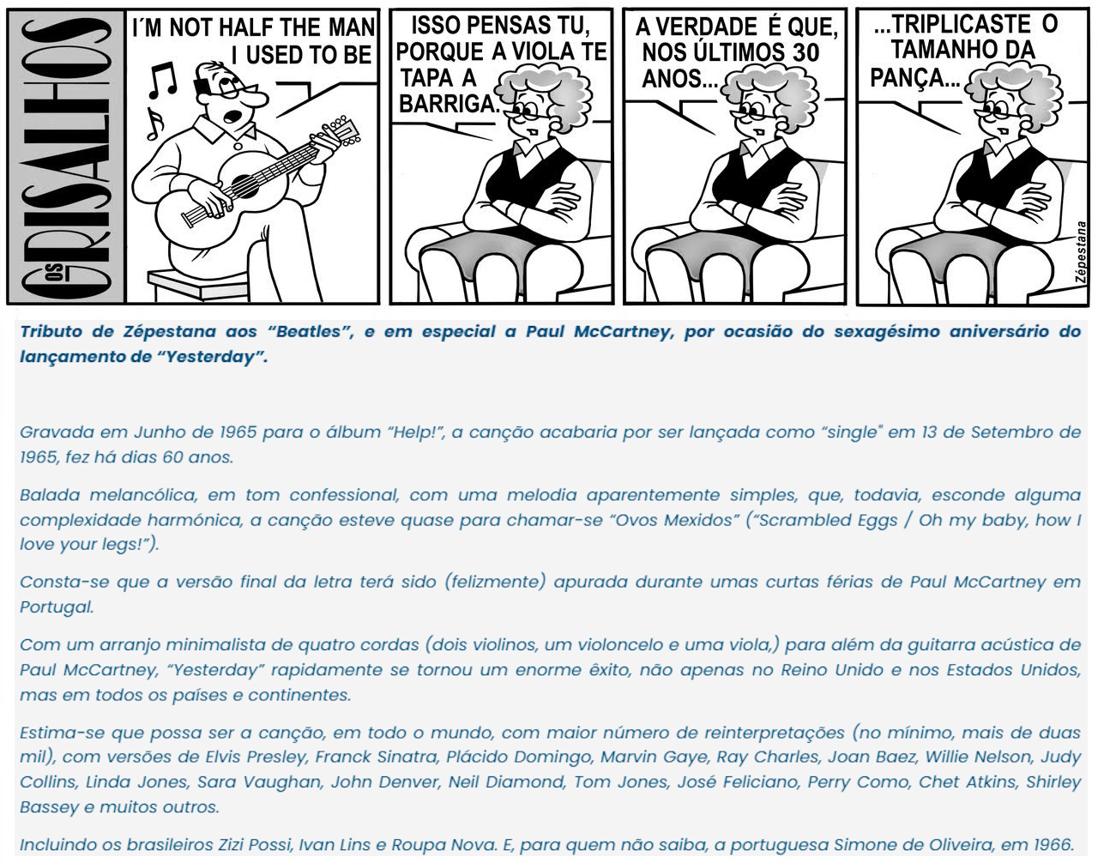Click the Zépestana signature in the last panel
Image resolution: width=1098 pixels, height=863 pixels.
click(x=1082, y=254)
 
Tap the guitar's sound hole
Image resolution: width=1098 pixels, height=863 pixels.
click(x=244, y=185)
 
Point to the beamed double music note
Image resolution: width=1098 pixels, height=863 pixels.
click(x=163, y=81)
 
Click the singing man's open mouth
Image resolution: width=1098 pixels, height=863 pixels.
click(x=233, y=116)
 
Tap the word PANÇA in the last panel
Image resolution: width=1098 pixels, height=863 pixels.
click(x=914, y=77)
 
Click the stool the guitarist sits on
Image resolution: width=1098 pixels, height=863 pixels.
click(x=198, y=284)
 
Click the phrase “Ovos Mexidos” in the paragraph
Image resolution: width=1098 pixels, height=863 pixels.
click(x=673, y=520)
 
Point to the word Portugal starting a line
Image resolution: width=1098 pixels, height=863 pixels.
click(x=57, y=607)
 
